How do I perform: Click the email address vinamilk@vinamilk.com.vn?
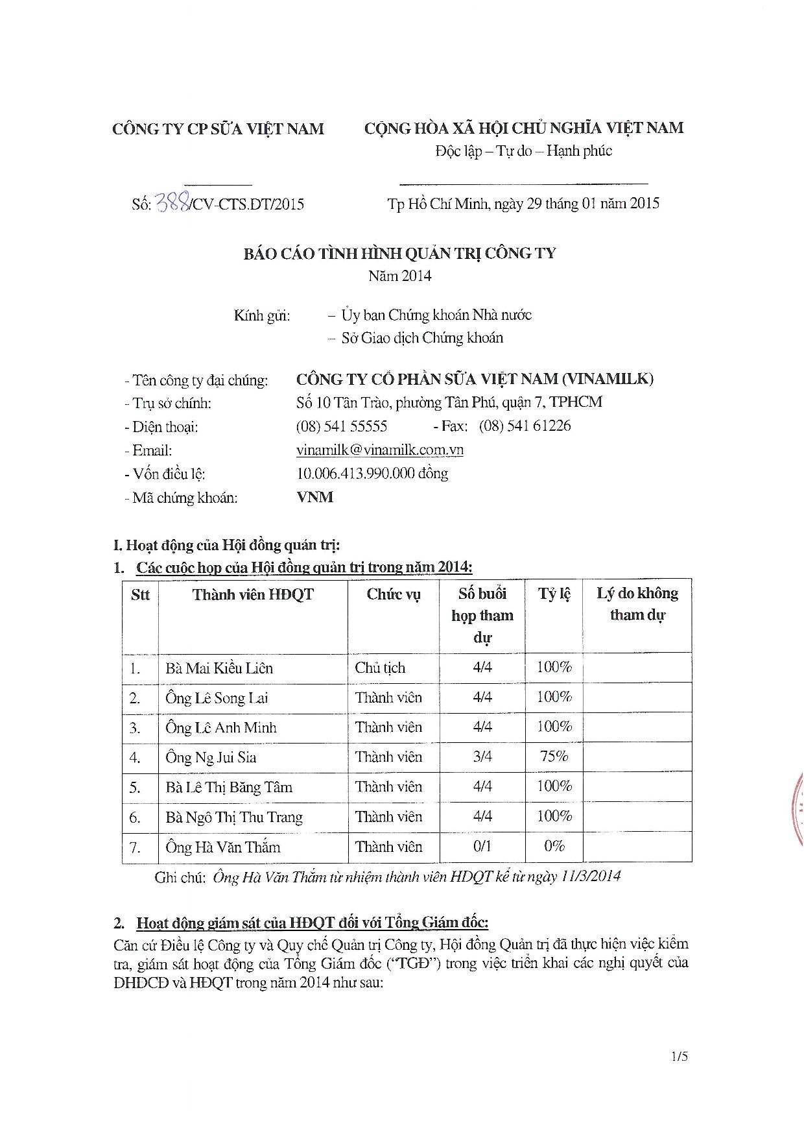coord(379,450)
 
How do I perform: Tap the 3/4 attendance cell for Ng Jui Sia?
coord(482,757)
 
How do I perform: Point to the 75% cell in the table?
coord(554,757)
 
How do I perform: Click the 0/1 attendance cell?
coord(482,846)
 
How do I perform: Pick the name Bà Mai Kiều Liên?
coord(219,668)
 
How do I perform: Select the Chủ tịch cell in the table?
coord(380,668)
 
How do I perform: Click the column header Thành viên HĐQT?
coord(253,594)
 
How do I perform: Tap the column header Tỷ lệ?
coord(554,594)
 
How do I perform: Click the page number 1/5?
coord(680,1057)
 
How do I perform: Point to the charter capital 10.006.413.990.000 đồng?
coord(372,473)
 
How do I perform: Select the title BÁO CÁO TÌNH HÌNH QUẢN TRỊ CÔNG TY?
coord(400,253)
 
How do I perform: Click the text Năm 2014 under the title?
coord(400,276)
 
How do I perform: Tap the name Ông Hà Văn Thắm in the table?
coord(223,847)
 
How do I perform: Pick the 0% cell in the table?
coord(554,846)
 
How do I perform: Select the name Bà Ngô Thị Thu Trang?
coord(234,817)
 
